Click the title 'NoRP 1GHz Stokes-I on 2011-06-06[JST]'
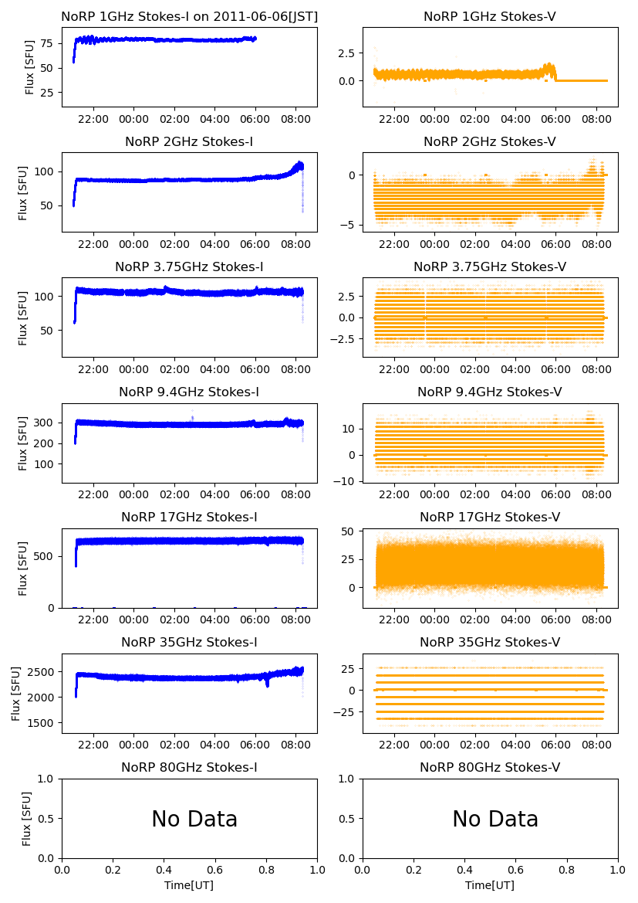(x=189, y=17)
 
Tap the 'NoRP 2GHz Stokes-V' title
(x=490, y=142)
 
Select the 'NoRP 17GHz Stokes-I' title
(x=189, y=518)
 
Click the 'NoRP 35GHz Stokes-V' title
(x=490, y=643)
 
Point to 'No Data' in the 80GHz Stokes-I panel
(x=194, y=819)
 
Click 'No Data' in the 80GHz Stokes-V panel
(x=495, y=819)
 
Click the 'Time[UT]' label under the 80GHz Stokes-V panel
(x=490, y=885)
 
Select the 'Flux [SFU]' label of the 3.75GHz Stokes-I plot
(x=24, y=317)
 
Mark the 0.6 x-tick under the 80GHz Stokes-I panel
(x=215, y=871)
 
